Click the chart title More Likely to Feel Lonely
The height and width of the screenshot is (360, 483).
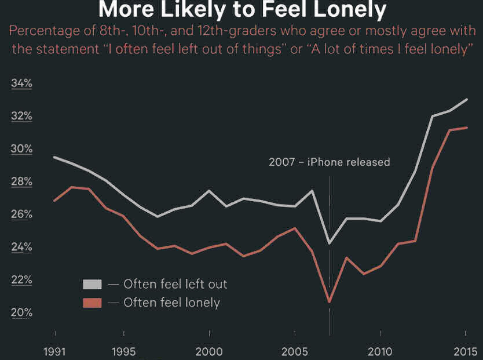[x=241, y=9]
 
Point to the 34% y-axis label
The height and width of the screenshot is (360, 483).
[x=22, y=83]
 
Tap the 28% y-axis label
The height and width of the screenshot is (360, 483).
[x=22, y=182]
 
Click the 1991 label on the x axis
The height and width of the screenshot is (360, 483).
[x=55, y=351]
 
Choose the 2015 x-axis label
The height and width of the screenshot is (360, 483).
[x=466, y=351]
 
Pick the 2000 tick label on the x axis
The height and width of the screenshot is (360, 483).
[x=209, y=351]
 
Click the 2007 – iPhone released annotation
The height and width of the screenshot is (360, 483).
[x=329, y=162]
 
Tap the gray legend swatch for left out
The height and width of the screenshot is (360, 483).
[x=92, y=284]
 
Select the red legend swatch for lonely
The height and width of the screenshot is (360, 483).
[x=92, y=303]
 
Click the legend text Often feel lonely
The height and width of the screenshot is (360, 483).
[x=171, y=303]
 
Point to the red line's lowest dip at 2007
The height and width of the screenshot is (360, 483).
[x=330, y=302]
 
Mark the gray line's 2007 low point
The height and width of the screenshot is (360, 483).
[x=330, y=243]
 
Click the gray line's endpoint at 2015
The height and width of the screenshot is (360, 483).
[x=466, y=100]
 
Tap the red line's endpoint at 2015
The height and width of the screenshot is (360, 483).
[x=466, y=128]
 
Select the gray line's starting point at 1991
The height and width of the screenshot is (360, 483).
[x=55, y=157]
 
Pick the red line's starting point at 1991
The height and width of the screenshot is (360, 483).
[x=55, y=201]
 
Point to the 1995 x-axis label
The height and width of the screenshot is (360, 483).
[x=124, y=351]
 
